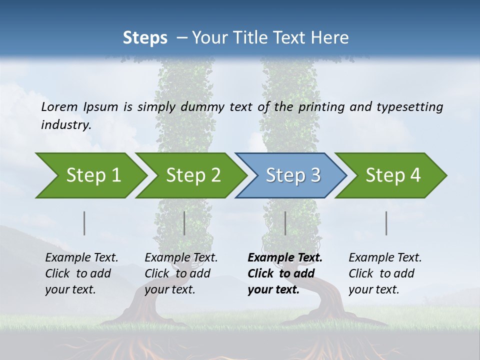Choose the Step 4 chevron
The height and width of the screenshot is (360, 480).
pos(392,175)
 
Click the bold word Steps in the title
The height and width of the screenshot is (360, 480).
pos(145,38)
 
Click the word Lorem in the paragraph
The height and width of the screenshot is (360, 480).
pos(59,106)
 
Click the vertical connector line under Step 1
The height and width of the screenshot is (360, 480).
pos(84,223)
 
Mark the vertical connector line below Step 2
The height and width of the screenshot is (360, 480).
pos(184,223)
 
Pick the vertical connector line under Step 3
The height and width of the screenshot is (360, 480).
pos(285,223)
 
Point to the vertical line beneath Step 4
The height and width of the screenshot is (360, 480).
pos(386,223)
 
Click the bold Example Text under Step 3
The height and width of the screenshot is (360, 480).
pos(285,258)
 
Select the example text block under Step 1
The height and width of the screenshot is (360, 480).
pos(81,273)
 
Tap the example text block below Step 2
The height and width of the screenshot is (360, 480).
pos(181,273)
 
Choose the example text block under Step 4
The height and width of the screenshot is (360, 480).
pos(385,273)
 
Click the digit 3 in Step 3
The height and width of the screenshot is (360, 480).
pos(315,175)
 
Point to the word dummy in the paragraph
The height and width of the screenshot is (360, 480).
pos(207,106)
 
